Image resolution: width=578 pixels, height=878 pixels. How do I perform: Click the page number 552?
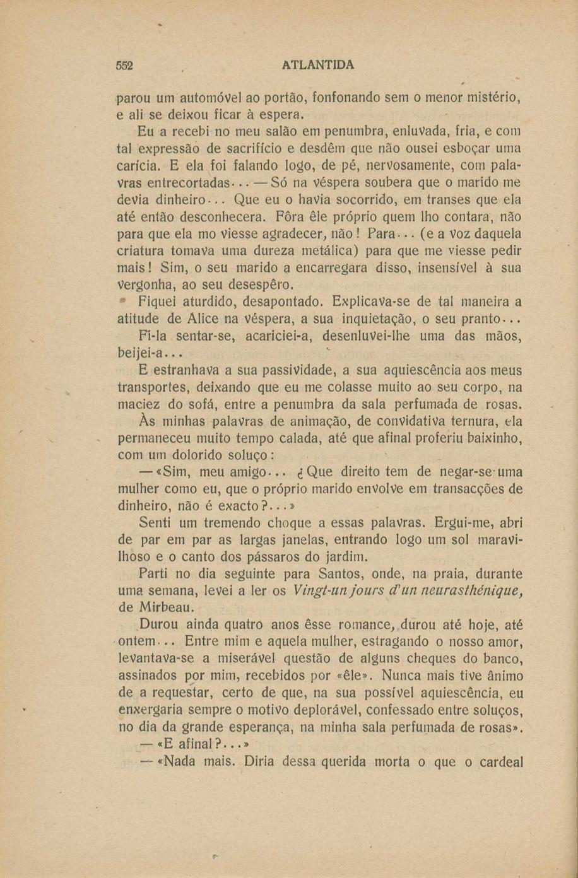(127, 65)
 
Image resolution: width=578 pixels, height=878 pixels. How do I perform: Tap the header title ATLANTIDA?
(318, 65)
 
